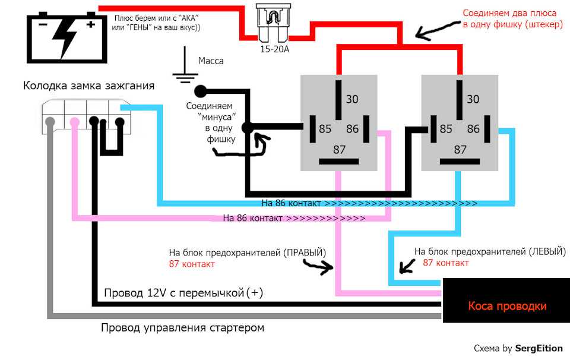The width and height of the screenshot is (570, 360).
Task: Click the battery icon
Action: click(x=67, y=37)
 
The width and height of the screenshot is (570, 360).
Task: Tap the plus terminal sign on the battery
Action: click(x=91, y=24)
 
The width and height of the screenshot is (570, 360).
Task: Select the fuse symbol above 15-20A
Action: click(x=273, y=24)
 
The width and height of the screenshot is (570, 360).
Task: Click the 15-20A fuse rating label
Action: click(x=274, y=49)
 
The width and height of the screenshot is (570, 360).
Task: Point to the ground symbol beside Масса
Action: click(x=185, y=65)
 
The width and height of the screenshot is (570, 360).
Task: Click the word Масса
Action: click(x=211, y=61)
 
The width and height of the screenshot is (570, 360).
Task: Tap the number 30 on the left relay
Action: click(x=352, y=99)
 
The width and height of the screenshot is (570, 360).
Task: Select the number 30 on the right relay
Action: click(x=473, y=99)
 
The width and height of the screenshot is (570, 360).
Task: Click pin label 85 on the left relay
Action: click(x=325, y=129)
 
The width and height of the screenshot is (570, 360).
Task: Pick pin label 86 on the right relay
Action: click(x=473, y=129)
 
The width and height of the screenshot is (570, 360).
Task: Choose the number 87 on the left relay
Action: click(x=339, y=150)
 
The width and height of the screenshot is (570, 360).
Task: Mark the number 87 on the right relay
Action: click(x=460, y=150)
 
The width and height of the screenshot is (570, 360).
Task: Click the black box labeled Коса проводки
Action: click(x=506, y=301)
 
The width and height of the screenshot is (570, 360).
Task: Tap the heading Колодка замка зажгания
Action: click(x=88, y=86)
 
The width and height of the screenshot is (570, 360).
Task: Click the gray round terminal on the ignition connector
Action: click(x=50, y=121)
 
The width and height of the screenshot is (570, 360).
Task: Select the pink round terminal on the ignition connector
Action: click(x=75, y=121)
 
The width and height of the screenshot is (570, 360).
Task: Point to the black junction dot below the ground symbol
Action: click(x=200, y=91)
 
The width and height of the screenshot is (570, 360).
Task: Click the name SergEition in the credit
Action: click(x=539, y=348)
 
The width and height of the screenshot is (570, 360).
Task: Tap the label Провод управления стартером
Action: click(x=182, y=328)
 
